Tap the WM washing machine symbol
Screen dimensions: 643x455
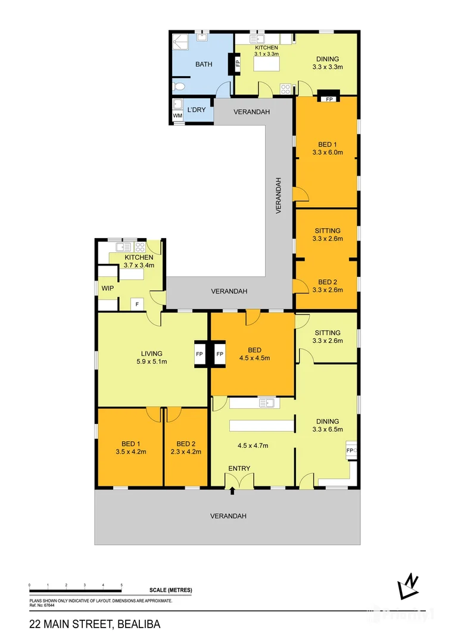pos(177,116)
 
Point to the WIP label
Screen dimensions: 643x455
pos(107,288)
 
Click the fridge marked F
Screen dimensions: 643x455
pos(138,304)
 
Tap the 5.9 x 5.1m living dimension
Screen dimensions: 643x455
pos(152,361)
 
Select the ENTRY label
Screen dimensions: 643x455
pos(239,468)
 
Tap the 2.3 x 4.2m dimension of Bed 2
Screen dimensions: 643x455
pos(186,451)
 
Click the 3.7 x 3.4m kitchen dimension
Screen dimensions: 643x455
pos(139,265)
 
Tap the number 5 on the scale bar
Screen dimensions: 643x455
pos(121,586)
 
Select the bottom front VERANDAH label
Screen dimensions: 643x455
pos(228,516)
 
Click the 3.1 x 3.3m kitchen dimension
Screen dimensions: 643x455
pos(266,54)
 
